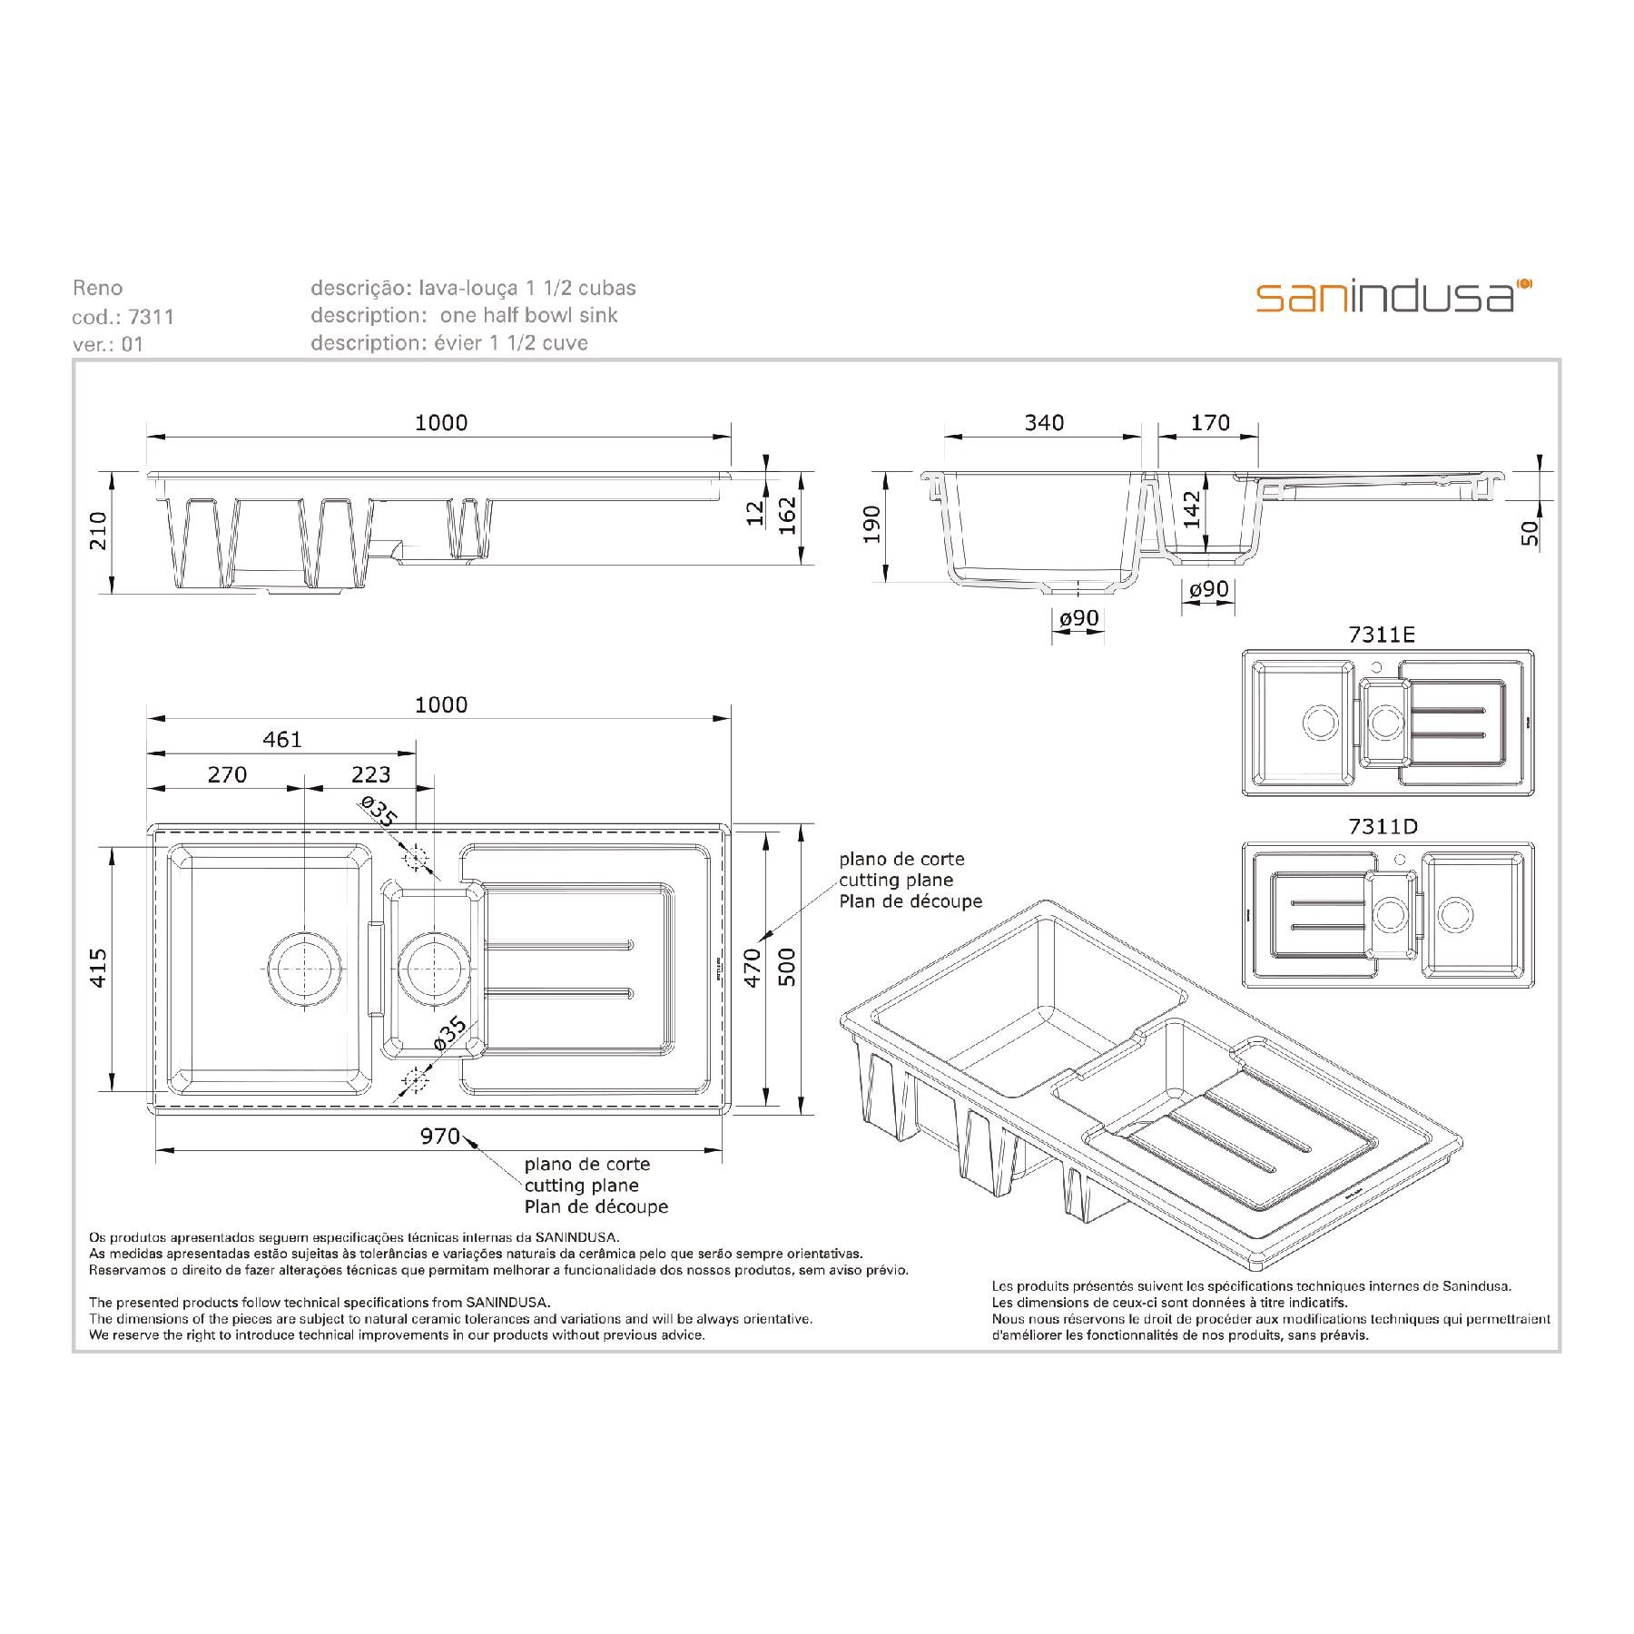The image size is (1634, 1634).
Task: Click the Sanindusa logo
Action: tap(1394, 296)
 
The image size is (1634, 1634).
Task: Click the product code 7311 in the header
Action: tap(152, 317)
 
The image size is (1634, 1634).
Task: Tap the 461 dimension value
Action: tap(282, 740)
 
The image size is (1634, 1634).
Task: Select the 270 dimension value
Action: tap(227, 774)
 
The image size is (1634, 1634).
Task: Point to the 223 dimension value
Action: tap(371, 774)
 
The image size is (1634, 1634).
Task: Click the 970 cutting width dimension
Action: tap(440, 1136)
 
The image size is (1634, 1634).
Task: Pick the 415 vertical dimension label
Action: tap(99, 968)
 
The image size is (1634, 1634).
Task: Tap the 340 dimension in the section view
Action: tap(1044, 422)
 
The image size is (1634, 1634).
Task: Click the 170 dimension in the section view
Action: tap(1210, 422)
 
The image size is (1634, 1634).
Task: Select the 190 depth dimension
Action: tap(872, 525)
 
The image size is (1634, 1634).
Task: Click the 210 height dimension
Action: tap(99, 531)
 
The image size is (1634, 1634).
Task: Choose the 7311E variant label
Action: tap(1382, 635)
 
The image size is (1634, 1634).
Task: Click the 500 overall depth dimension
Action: tap(787, 968)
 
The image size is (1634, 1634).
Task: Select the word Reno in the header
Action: tap(97, 289)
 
